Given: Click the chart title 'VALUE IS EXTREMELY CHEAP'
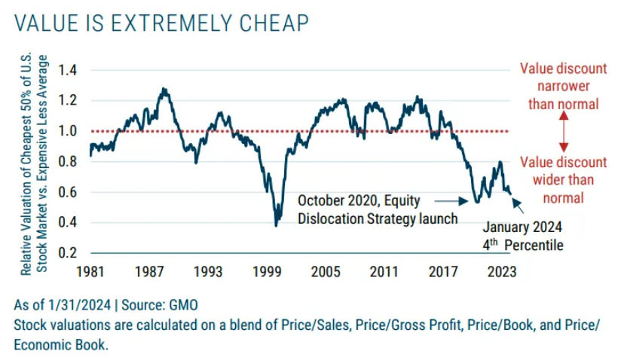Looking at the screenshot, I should tap(161, 23).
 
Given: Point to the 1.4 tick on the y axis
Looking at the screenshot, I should tap(69, 70).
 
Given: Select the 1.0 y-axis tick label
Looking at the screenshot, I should tap(69, 131).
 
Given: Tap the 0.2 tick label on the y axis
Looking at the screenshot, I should tap(69, 252).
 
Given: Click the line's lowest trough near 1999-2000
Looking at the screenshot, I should tap(277, 224).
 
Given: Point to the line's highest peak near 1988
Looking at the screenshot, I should tap(164, 88).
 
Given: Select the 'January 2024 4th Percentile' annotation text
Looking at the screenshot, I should tap(523, 236).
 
